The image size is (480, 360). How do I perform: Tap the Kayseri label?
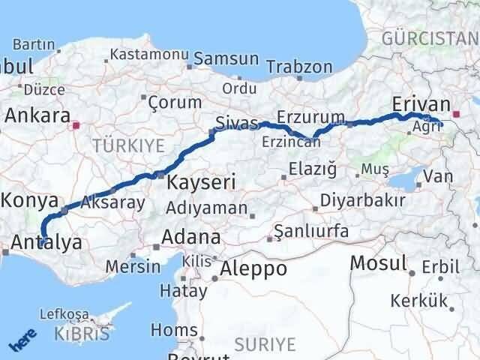point(201,182)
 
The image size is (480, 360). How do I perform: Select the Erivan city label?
point(421,104)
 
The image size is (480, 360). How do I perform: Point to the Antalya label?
point(47,242)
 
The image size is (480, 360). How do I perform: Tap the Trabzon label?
point(299,67)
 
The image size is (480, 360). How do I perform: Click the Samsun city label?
point(227,59)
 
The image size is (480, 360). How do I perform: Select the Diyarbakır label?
point(363,201)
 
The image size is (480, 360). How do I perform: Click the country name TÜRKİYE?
point(128,145)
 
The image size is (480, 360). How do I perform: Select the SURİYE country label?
point(265,344)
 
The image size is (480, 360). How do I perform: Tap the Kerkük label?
point(418,301)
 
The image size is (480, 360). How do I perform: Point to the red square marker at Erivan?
point(454,115)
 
